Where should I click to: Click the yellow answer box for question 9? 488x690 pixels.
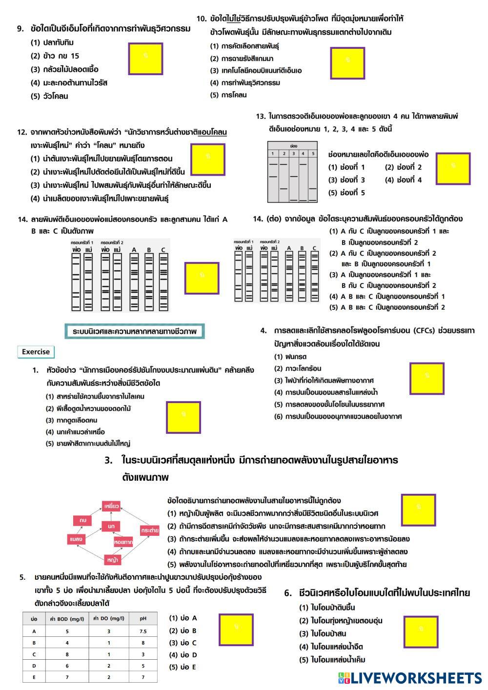[x=145, y=59]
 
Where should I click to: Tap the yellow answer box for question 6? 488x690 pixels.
[x=420, y=631]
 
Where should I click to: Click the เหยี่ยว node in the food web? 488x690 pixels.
[x=111, y=506]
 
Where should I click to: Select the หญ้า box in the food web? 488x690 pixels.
[x=112, y=559]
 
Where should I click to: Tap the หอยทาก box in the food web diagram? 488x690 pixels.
[x=122, y=542]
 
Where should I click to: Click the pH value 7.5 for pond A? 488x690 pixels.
[x=143, y=631]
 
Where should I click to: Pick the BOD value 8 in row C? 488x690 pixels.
[x=67, y=654]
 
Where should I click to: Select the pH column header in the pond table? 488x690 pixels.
[x=143, y=619]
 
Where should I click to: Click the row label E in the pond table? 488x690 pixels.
[x=34, y=677]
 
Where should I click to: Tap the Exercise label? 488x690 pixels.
[x=36, y=352]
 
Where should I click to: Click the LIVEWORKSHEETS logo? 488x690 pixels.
[x=409, y=678]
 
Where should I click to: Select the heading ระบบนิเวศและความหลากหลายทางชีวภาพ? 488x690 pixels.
[x=134, y=331]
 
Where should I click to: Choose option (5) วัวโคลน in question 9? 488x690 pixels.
[x=50, y=96]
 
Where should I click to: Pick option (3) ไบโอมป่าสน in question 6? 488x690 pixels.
[x=323, y=633]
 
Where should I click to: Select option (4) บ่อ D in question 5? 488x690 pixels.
[x=183, y=655]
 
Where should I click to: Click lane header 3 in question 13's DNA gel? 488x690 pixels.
[x=293, y=154]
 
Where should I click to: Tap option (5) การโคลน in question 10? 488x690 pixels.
[x=228, y=95]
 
